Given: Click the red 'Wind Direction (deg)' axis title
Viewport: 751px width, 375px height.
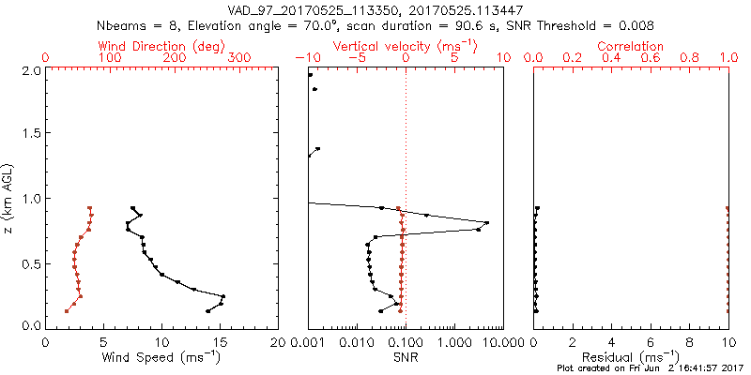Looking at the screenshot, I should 161,46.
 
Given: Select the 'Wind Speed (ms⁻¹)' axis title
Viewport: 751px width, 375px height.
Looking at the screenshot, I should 161,356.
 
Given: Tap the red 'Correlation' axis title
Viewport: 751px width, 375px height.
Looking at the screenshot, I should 631,46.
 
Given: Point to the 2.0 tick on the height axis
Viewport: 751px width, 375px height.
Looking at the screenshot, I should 30,70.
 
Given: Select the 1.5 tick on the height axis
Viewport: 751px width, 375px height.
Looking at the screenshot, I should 30,134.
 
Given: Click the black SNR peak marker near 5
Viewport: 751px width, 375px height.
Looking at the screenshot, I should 486,222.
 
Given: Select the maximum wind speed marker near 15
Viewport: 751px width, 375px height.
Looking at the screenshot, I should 223,296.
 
